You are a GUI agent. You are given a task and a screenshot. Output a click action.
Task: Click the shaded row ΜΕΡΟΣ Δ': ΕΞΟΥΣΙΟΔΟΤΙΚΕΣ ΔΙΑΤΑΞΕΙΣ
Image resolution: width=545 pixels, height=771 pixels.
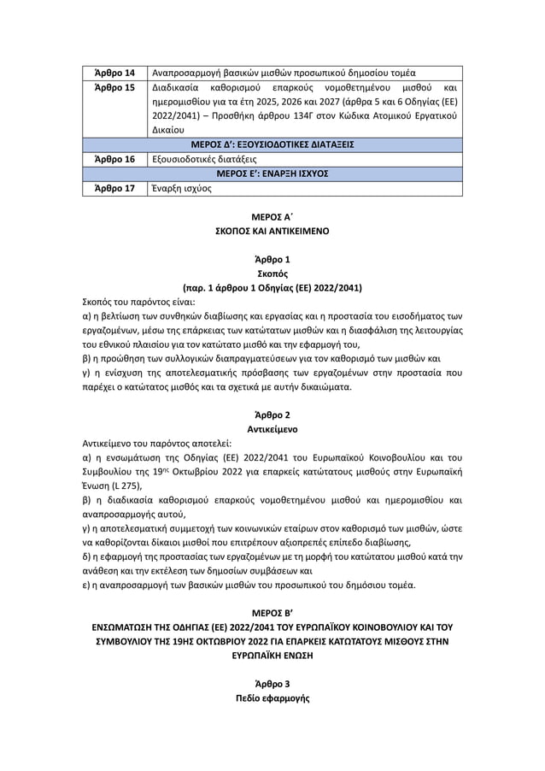[272, 144]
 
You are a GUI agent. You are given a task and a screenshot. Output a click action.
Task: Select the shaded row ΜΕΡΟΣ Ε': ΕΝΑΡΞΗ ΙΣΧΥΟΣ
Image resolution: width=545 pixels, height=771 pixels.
[272, 174]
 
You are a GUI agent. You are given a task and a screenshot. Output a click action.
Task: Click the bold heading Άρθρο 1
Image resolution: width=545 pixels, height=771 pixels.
[272, 260]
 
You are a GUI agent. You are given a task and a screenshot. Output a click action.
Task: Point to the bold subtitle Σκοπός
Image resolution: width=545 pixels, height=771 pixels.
[272, 274]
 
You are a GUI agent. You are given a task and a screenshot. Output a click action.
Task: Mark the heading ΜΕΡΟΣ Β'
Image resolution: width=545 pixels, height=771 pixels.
[272, 613]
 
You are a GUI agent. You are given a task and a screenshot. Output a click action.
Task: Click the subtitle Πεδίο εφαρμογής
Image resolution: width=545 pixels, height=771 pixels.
[272, 698]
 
